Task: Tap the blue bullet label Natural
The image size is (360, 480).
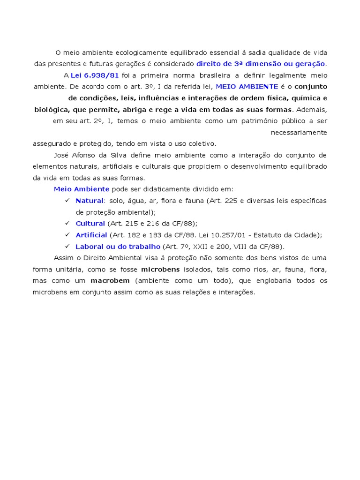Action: (x=89, y=201)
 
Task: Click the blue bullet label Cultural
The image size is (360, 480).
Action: (x=90, y=224)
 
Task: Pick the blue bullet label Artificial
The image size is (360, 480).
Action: (x=91, y=235)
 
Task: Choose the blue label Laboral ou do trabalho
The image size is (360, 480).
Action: (x=118, y=247)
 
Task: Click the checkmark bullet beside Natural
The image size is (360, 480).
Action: (x=67, y=201)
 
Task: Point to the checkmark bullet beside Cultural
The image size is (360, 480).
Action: (x=67, y=224)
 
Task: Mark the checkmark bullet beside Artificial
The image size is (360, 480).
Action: (x=67, y=235)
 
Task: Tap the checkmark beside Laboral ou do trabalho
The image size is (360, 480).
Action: (x=67, y=247)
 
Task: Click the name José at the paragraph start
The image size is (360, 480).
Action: (x=62, y=155)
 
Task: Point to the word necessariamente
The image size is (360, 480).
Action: (x=299, y=132)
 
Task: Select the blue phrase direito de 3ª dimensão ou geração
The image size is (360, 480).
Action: (x=261, y=64)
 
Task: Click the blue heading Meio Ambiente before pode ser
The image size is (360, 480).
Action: (x=82, y=189)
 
